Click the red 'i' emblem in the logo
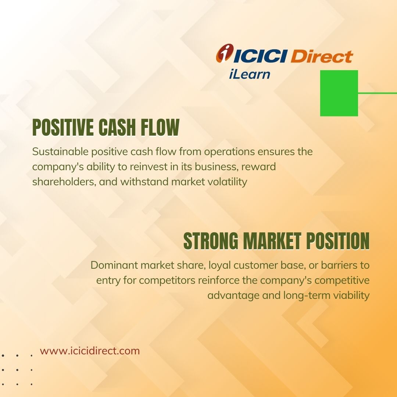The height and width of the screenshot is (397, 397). (x=225, y=53)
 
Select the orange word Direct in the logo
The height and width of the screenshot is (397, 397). (x=322, y=56)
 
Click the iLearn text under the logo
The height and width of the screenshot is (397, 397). (x=249, y=74)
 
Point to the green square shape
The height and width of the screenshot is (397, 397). (x=339, y=93)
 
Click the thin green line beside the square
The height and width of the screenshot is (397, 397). (x=378, y=93)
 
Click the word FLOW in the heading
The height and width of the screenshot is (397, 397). (x=160, y=127)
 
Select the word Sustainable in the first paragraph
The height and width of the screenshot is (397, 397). (x=60, y=151)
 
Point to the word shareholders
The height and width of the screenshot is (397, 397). (x=64, y=182)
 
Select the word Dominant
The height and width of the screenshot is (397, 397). (x=114, y=265)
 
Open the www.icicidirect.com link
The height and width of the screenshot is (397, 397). (x=90, y=351)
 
